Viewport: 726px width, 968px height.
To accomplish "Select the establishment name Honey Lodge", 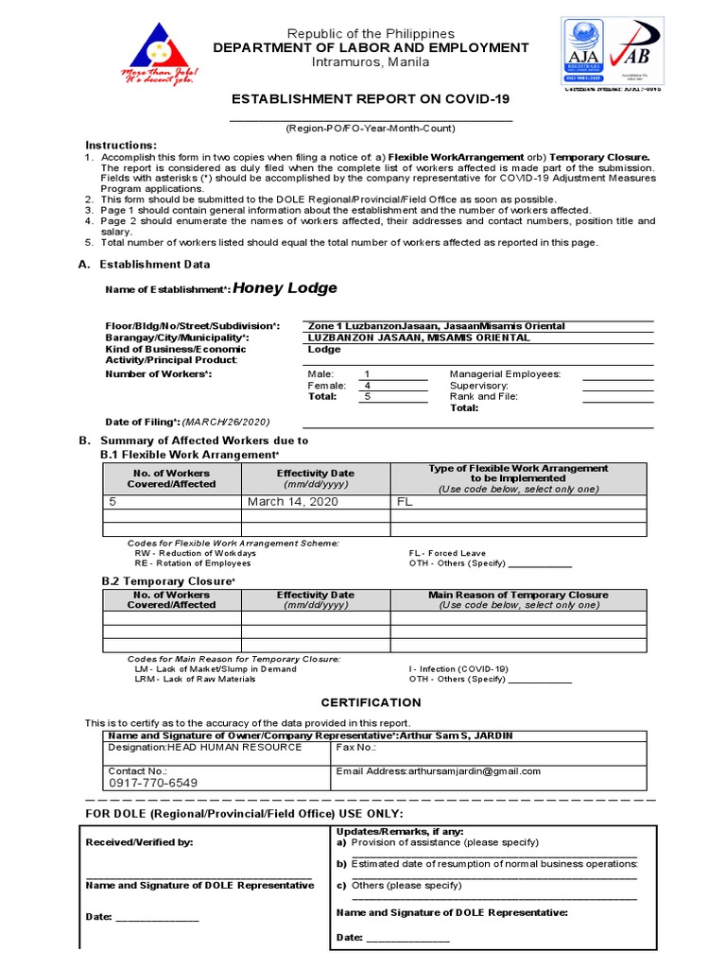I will [285, 288].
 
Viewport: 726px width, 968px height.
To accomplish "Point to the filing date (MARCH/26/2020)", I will [226, 422].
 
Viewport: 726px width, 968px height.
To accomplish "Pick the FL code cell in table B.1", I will [406, 502].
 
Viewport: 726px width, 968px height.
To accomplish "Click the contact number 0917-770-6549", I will [153, 783].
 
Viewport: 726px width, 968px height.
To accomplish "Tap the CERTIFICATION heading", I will [371, 702].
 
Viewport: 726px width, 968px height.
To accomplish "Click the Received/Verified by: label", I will [139, 842].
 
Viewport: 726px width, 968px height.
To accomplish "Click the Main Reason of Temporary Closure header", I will [518, 596].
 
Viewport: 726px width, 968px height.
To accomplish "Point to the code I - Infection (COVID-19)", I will [458, 668].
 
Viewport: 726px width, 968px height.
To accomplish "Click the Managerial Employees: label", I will [505, 374].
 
